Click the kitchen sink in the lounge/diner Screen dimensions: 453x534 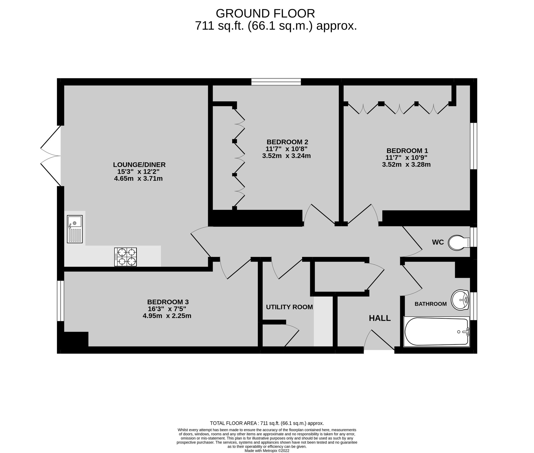coord(75,229)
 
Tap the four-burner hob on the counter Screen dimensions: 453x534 coord(125,257)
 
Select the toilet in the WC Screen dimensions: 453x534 coord(459,242)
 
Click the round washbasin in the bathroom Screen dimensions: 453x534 coord(460,300)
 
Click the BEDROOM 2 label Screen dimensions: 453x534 coord(287,142)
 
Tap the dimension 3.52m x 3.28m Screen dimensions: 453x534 coord(406,165)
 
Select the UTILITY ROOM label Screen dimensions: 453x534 coord(289,307)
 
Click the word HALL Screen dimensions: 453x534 coord(380,318)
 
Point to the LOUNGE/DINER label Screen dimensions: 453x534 coord(139,165)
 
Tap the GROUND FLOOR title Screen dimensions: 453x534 coord(265,13)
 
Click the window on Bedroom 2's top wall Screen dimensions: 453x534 coord(276,82)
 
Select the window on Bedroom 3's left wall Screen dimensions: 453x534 coord(60,301)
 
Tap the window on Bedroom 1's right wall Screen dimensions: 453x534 coord(473,146)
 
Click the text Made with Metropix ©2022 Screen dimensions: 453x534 coord(267,451)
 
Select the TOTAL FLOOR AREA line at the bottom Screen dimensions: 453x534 coord(267,423)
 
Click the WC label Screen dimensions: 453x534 coord(438,242)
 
